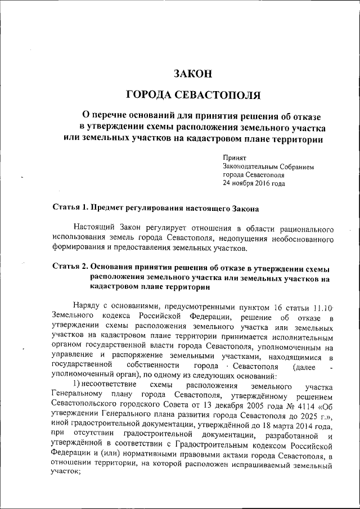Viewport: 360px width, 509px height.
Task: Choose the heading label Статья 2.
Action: [x=70, y=266]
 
